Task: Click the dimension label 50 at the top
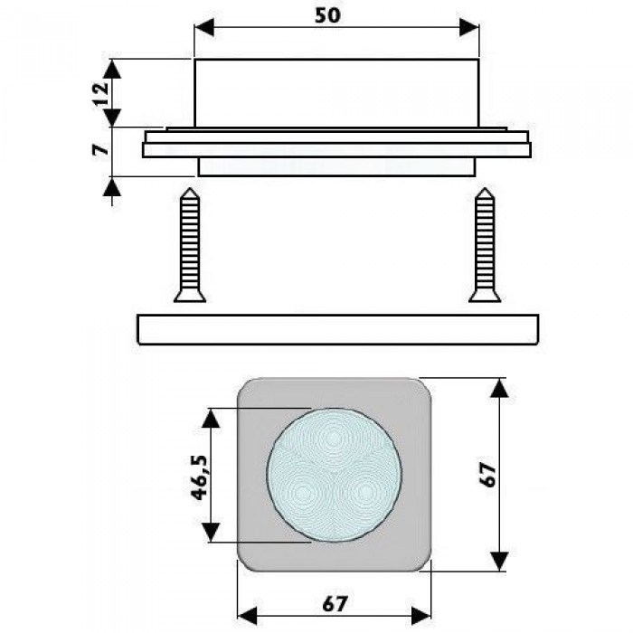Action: (x=327, y=15)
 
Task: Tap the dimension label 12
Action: (x=101, y=94)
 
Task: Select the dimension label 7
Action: (x=101, y=149)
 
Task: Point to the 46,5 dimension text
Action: (x=200, y=477)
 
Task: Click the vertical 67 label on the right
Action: (x=487, y=475)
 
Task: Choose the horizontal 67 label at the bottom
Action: (x=335, y=603)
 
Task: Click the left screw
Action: (x=190, y=245)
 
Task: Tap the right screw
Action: (x=485, y=245)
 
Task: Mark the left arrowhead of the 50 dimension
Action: (x=204, y=28)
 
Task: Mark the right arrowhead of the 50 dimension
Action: (x=469, y=28)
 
